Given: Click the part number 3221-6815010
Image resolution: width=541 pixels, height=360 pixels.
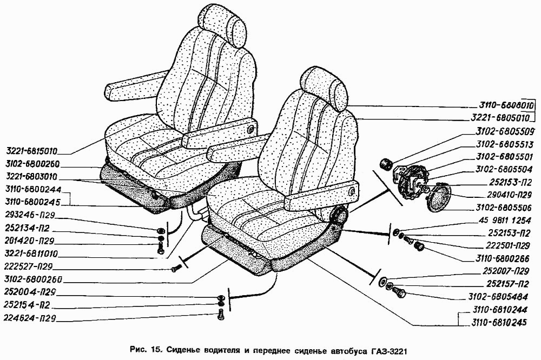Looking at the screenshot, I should coord(33,151).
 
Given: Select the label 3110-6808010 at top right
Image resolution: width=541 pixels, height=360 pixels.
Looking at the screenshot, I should coord(505,106).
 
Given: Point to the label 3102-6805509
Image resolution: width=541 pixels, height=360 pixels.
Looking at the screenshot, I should coord(505,131).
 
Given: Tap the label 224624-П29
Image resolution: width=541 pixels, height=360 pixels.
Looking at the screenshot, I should coord(31,318).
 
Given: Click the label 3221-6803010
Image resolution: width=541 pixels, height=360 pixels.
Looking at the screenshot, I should coord(33,177).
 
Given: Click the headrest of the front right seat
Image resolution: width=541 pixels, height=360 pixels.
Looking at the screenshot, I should coord(325,88).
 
